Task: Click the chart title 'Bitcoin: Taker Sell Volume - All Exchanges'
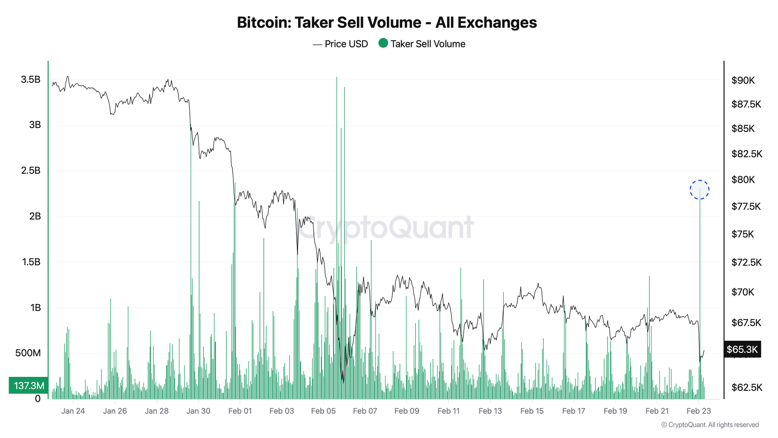tap(387, 23)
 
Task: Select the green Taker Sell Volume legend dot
tap(383, 43)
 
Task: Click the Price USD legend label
tap(346, 44)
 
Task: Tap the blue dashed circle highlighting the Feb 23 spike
tap(699, 190)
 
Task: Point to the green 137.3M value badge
tap(29, 385)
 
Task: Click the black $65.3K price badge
tap(742, 349)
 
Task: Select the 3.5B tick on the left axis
tap(31, 80)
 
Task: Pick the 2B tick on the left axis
tap(35, 216)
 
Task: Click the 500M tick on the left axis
tap(28, 353)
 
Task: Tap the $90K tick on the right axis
tap(743, 80)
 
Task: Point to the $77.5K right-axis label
tap(746, 206)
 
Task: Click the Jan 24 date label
tap(73, 411)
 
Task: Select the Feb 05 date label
tap(323, 411)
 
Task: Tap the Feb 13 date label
tap(490, 411)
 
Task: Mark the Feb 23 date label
tap(699, 411)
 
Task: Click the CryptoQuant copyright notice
tap(710, 425)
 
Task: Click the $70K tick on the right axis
tap(743, 292)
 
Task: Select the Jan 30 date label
tap(198, 411)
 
